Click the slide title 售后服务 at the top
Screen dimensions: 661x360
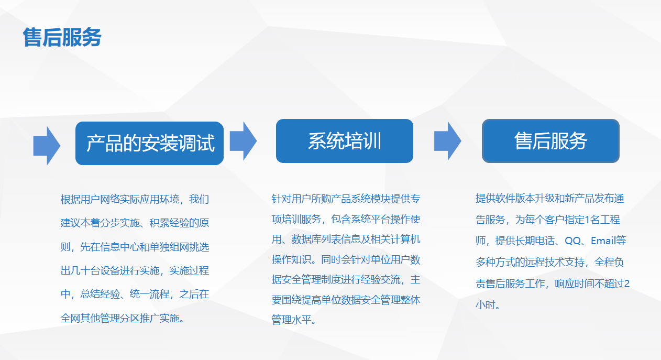pyautogui.click(x=62, y=37)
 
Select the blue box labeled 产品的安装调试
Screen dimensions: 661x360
pyautogui.click(x=149, y=143)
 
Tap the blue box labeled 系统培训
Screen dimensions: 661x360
pyautogui.click(x=344, y=141)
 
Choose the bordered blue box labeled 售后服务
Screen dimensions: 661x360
pyautogui.click(x=550, y=141)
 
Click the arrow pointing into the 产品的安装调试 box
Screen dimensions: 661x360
pyautogui.click(x=47, y=146)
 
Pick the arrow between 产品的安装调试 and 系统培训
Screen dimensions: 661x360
pyautogui.click(x=243, y=141)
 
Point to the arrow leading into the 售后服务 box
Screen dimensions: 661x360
pyautogui.click(x=448, y=141)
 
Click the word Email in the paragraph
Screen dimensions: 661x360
pyautogui.click(x=603, y=241)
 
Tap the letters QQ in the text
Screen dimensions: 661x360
pyautogui.click(x=573, y=241)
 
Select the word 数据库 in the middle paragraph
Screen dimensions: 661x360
pyautogui.click(x=306, y=239)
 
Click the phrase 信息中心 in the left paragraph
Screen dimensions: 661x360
pyautogui.click(x=119, y=247)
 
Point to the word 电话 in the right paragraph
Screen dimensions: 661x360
pyautogui.click(x=544, y=241)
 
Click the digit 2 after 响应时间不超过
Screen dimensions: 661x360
pyautogui.click(x=627, y=283)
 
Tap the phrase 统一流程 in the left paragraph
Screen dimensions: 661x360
pyautogui.click(x=149, y=294)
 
